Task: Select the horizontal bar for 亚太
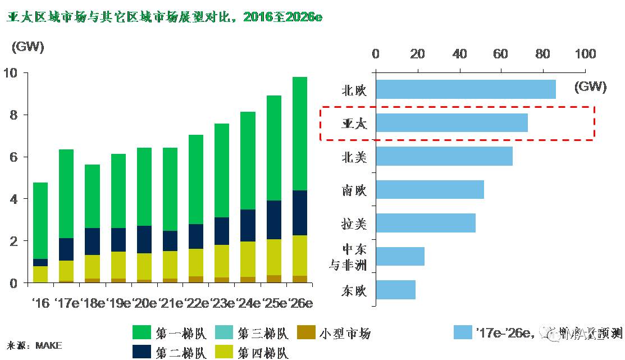pos(451,123)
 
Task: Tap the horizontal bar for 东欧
pos(395,290)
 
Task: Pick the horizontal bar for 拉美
pos(425,223)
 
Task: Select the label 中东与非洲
pos(348,257)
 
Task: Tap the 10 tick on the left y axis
pos(11,73)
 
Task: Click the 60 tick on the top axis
pos(501,54)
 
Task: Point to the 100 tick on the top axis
pos(585,54)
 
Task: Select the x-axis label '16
pos(40,303)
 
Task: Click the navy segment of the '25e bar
pos(273,220)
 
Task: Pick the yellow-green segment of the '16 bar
pos(40,274)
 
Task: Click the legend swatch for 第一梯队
pos(142,332)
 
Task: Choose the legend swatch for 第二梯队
pos(142,352)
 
